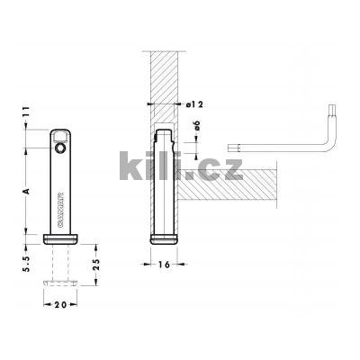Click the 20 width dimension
coord(60,306)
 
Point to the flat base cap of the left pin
coord(60,238)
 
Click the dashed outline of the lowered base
coord(60,284)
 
